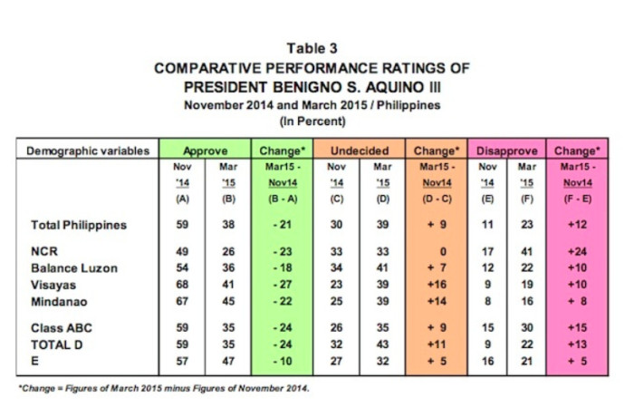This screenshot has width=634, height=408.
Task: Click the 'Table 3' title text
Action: [x=312, y=49]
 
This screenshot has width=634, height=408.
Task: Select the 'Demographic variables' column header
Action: [x=88, y=151]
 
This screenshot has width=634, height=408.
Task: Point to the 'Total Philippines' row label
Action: [x=79, y=225]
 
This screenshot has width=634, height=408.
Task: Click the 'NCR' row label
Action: [x=44, y=251]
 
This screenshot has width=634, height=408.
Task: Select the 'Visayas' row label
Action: [x=53, y=285]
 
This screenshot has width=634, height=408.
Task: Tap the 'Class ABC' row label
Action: [x=62, y=328]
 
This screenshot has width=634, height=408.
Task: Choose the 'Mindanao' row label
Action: [x=59, y=302]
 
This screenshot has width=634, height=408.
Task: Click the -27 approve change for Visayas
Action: [x=283, y=285]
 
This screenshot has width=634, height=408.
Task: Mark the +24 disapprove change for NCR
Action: [x=577, y=251]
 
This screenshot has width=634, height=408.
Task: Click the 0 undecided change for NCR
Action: [x=443, y=252]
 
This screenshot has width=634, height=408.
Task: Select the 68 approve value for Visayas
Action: [x=182, y=285]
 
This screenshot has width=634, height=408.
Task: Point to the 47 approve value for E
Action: [x=228, y=361]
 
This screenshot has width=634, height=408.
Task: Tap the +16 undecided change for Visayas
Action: [x=437, y=285]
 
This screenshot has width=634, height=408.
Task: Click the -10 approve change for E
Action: [x=283, y=361]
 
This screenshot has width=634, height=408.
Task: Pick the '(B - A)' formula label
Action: [x=283, y=199]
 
